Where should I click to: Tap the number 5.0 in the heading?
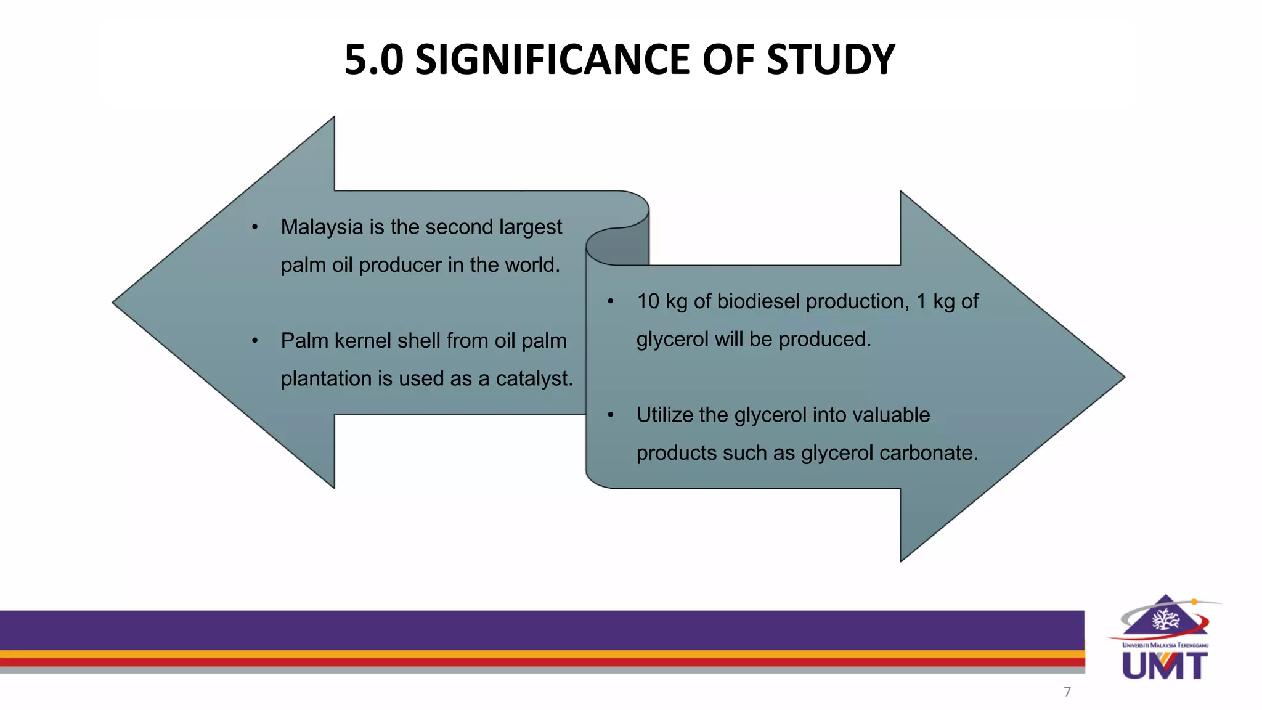(373, 60)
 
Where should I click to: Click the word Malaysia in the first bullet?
(322, 227)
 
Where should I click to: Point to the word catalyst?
(534, 378)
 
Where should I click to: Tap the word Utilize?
(663, 415)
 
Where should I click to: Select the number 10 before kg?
(648, 301)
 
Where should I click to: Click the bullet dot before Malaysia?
(254, 228)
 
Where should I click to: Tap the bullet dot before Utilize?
(610, 416)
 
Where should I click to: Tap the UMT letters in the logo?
(1164, 666)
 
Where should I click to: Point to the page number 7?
(1067, 692)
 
